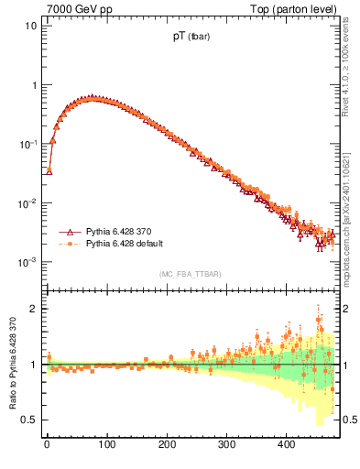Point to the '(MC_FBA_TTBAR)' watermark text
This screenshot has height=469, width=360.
point(190,274)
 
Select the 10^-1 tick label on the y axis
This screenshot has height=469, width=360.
point(28,144)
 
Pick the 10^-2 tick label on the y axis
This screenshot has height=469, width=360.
point(28,203)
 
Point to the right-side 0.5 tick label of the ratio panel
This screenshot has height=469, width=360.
point(349,420)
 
